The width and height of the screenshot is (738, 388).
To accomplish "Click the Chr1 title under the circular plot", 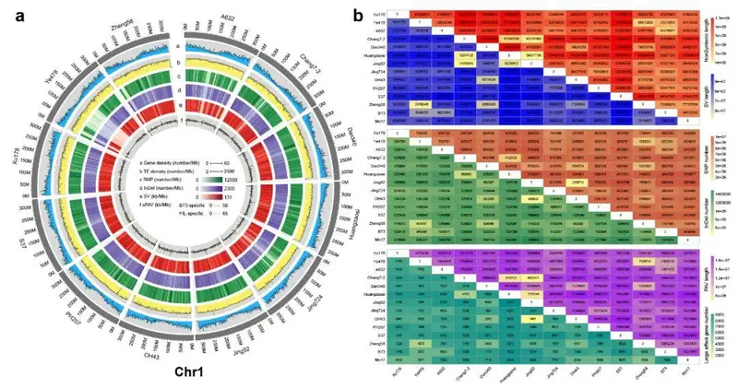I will pos(176,371).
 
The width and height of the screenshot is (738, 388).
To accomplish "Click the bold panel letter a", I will pos(7,11).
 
